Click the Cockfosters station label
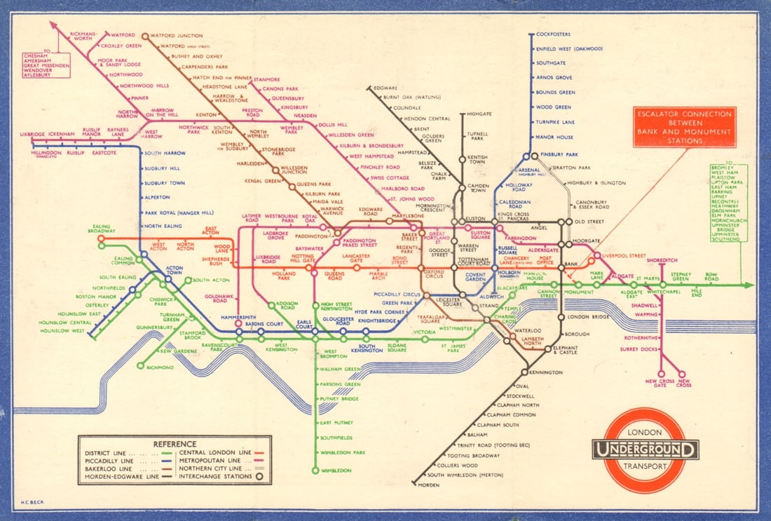pyautogui.click(x=553, y=34)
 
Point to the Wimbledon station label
pyautogui.click(x=336, y=471)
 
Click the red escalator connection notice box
pyautogui.click(x=684, y=127)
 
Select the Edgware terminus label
pyautogui.click(x=386, y=88)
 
